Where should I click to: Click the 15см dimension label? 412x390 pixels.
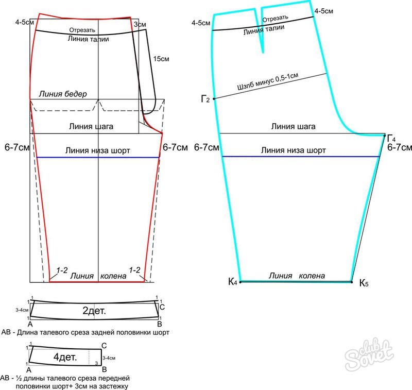[x=162, y=60]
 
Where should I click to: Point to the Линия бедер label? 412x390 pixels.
[x=63, y=94]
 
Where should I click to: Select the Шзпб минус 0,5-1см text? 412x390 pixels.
[x=267, y=81]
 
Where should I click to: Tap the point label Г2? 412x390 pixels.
[x=205, y=98]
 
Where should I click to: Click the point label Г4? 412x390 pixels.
[x=391, y=138]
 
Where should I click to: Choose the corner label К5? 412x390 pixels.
[x=364, y=283]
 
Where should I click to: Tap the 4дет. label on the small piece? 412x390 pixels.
[x=65, y=357]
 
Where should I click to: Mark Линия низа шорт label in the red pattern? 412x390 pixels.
[x=98, y=150]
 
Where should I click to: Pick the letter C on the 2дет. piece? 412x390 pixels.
[x=162, y=307]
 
